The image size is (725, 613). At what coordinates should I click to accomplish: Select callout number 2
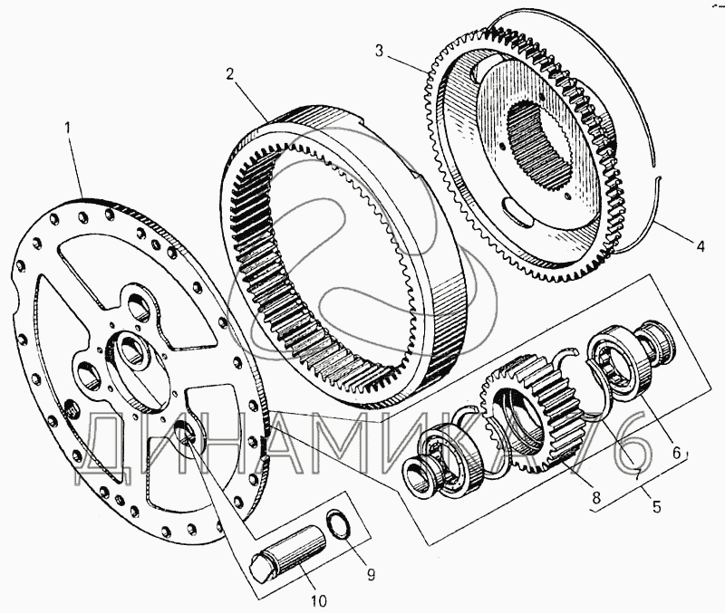pyautogui.click(x=232, y=73)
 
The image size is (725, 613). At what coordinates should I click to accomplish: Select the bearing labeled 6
pyautogui.click(x=616, y=367)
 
